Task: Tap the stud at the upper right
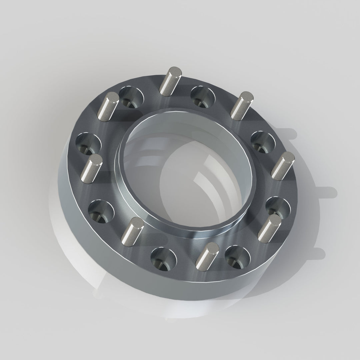click(x=241, y=106)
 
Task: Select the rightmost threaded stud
click(x=283, y=166)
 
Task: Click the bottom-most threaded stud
click(x=207, y=256)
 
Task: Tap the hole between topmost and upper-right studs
click(x=203, y=97)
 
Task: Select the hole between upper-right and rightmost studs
click(x=263, y=142)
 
